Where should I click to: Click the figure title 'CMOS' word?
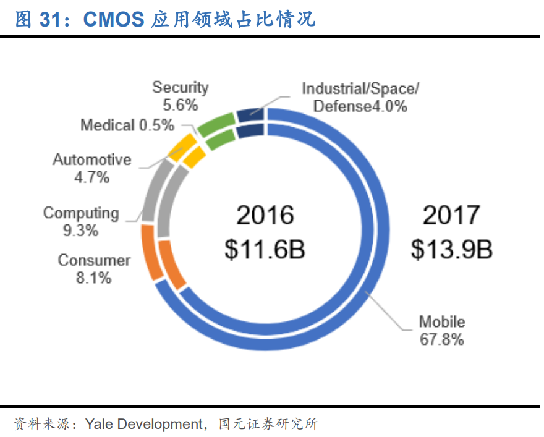tap(113, 20)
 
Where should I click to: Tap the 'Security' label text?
tap(181, 88)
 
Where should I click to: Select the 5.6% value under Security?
tap(181, 105)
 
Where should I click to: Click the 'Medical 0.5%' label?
tap(127, 125)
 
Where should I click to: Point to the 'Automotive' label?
tap(92, 159)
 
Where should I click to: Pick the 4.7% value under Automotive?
tap(92, 177)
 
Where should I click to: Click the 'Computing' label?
tap(81, 213)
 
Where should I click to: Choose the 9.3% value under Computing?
tap(81, 231)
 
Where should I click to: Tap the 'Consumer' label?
tap(94, 260)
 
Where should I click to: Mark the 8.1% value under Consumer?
tap(94, 278)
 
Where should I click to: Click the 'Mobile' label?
tap(441, 321)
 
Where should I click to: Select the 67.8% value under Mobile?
tap(441, 339)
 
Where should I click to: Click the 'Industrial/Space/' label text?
tap(360, 88)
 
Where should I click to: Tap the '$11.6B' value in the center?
tap(265, 250)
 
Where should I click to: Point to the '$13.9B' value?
tap(451, 250)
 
